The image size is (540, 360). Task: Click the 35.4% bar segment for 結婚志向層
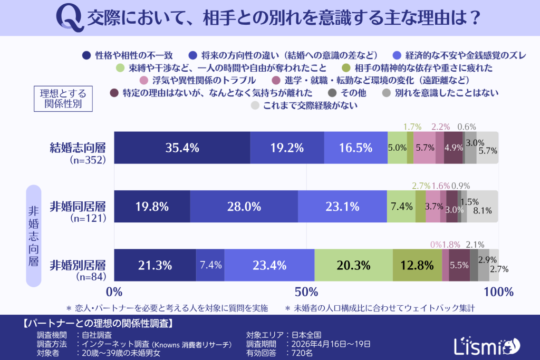182,148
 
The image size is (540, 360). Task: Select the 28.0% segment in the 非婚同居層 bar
244,207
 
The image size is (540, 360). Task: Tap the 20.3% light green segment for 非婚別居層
353,265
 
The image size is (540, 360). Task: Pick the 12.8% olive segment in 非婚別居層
417,265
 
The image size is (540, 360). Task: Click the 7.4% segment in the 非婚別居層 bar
210,265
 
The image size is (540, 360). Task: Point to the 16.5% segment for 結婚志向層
355,148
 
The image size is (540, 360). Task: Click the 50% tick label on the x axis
306,291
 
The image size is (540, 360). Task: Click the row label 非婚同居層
78,206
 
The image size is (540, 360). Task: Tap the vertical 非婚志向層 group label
33,236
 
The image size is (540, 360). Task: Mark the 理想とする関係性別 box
63,98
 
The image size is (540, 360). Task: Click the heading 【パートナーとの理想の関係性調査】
100,323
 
